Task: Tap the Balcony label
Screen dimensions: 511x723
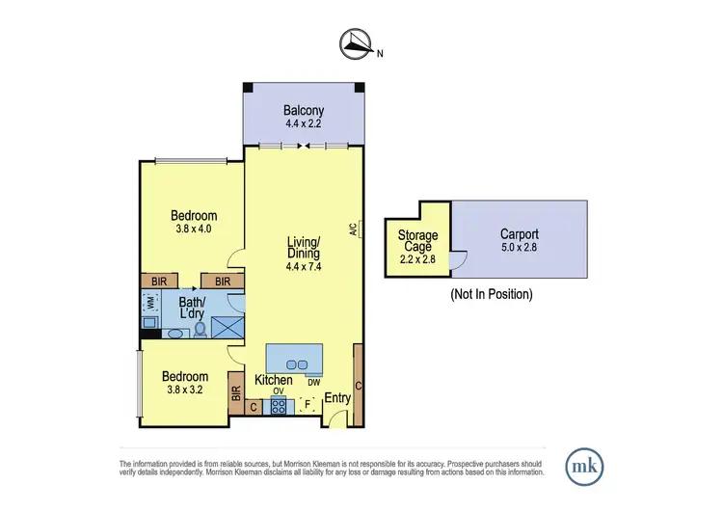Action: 303,110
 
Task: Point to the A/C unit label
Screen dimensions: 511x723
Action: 355,229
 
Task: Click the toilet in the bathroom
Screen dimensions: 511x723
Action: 201,329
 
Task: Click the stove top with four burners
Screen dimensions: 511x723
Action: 280,406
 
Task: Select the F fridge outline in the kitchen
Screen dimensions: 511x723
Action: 309,405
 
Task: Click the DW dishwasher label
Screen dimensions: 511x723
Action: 313,382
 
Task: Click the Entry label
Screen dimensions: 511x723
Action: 337,397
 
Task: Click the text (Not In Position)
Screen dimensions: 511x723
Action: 492,293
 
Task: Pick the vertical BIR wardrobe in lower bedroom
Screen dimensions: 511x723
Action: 235,393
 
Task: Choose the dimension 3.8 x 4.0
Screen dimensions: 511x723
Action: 194,229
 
